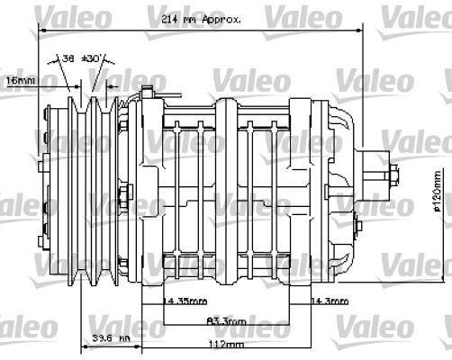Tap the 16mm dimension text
[x=21, y=80]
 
